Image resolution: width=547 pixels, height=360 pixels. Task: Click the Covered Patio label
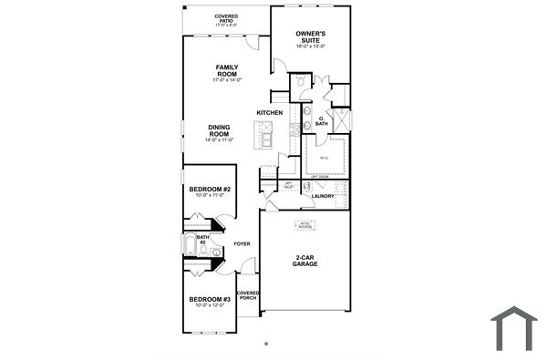[226, 16]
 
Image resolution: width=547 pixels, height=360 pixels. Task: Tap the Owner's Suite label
[310, 36]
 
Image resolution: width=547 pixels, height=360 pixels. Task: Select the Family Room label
[226, 70]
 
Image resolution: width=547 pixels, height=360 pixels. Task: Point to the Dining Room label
[219, 130]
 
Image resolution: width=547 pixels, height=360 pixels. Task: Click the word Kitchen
[269, 113]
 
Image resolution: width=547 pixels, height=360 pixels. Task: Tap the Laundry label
[323, 196]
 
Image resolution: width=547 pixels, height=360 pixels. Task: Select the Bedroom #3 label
[210, 299]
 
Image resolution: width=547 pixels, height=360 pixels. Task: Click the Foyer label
[242, 244]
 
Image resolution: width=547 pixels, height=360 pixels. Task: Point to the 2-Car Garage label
[304, 260]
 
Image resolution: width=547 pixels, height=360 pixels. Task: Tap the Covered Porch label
[248, 296]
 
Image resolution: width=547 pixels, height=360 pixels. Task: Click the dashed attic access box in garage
[304, 225]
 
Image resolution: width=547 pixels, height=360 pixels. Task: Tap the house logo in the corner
[514, 328]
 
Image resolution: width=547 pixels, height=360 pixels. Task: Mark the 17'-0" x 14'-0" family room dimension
[226, 80]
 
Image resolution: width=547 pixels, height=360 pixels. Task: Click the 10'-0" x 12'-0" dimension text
[210, 305]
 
